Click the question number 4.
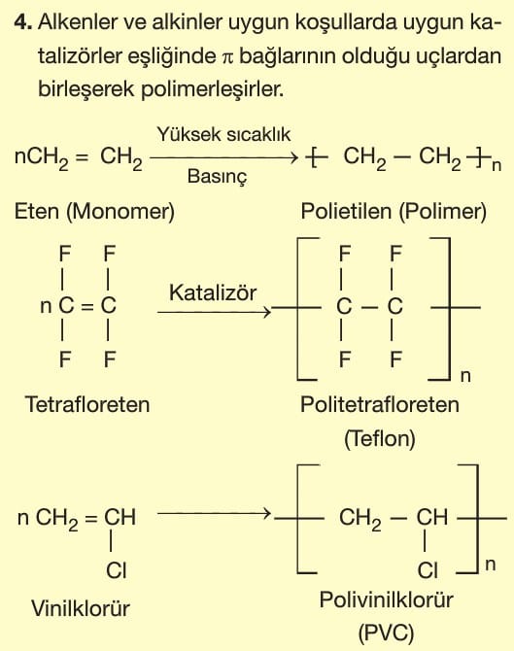(x=23, y=21)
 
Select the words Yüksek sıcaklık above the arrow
(x=223, y=134)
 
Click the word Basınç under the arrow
(x=217, y=176)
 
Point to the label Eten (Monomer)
(x=94, y=211)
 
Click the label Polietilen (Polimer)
(x=394, y=211)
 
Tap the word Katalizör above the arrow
(x=213, y=292)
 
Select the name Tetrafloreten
(x=87, y=404)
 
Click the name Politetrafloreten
(x=380, y=404)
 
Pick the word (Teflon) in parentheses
(x=380, y=438)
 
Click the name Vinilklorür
(x=81, y=608)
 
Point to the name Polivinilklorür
(x=386, y=600)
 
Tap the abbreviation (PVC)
(x=386, y=634)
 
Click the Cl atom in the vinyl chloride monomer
(x=117, y=570)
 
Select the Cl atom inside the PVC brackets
(x=428, y=570)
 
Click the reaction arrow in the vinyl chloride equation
(x=214, y=514)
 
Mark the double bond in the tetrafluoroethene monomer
(x=87, y=307)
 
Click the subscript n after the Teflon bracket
(x=465, y=376)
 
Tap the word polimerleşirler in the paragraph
(x=213, y=89)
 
